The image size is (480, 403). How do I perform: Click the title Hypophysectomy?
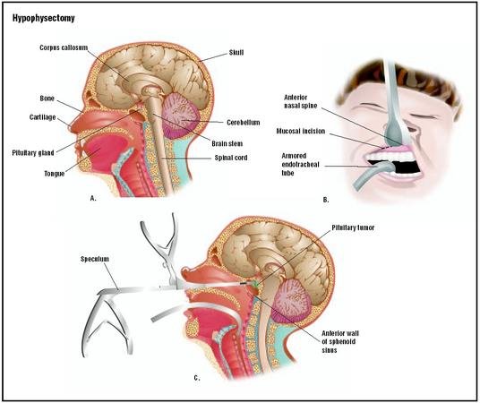click(44, 19)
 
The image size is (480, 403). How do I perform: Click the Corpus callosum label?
click(64, 47)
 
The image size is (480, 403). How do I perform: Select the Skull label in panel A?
click(236, 53)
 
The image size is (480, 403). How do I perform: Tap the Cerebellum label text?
click(244, 123)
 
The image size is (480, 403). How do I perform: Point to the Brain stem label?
click(227, 143)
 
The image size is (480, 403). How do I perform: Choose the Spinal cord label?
click(231, 158)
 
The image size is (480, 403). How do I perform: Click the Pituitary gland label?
click(33, 153)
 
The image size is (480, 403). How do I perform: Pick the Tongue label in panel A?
click(55, 174)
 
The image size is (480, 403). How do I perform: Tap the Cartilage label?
click(43, 117)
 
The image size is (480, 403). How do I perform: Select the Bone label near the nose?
click(47, 99)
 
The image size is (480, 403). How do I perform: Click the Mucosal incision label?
click(301, 131)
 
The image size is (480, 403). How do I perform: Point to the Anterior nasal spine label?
click(301, 102)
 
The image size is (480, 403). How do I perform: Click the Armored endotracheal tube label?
click(300, 164)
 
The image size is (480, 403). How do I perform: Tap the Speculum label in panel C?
click(95, 259)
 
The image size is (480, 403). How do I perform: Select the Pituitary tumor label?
click(353, 227)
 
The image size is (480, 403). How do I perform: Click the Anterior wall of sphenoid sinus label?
click(340, 342)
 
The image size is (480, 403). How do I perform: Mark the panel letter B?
click(326, 200)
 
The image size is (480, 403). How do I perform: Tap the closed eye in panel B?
click(423, 116)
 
